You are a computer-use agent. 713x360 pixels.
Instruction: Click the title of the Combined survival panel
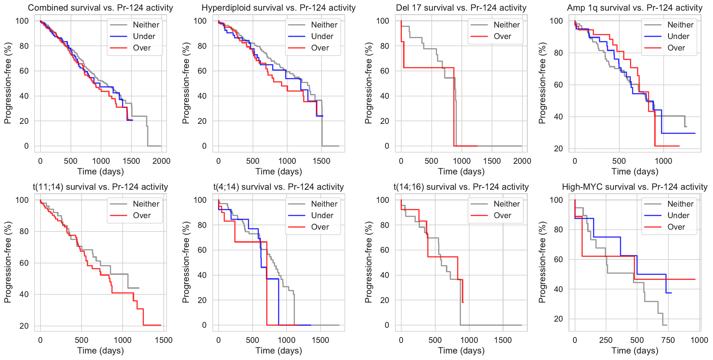pos(100,8)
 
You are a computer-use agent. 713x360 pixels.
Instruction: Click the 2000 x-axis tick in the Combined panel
pos(161,161)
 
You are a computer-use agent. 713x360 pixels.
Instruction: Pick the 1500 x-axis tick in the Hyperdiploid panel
pos(321,161)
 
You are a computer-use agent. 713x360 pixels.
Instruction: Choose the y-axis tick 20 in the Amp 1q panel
pos(558,149)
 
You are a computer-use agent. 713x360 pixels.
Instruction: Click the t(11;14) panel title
pos(100,187)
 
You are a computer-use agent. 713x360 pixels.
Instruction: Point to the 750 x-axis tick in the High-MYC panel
pos(668,340)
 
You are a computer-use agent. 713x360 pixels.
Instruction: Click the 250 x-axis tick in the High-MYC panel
pos(606,340)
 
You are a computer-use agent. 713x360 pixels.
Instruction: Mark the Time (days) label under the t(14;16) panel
pos(461,351)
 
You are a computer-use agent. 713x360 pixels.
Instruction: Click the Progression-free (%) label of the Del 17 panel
pos(368,83)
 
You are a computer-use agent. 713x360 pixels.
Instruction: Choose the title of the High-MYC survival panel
pos(635,187)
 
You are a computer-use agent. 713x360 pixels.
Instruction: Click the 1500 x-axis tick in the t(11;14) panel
pos(164,340)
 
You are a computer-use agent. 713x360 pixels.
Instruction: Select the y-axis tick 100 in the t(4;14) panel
pos(200,200)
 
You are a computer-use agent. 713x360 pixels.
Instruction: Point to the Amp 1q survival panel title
pos(635,8)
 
